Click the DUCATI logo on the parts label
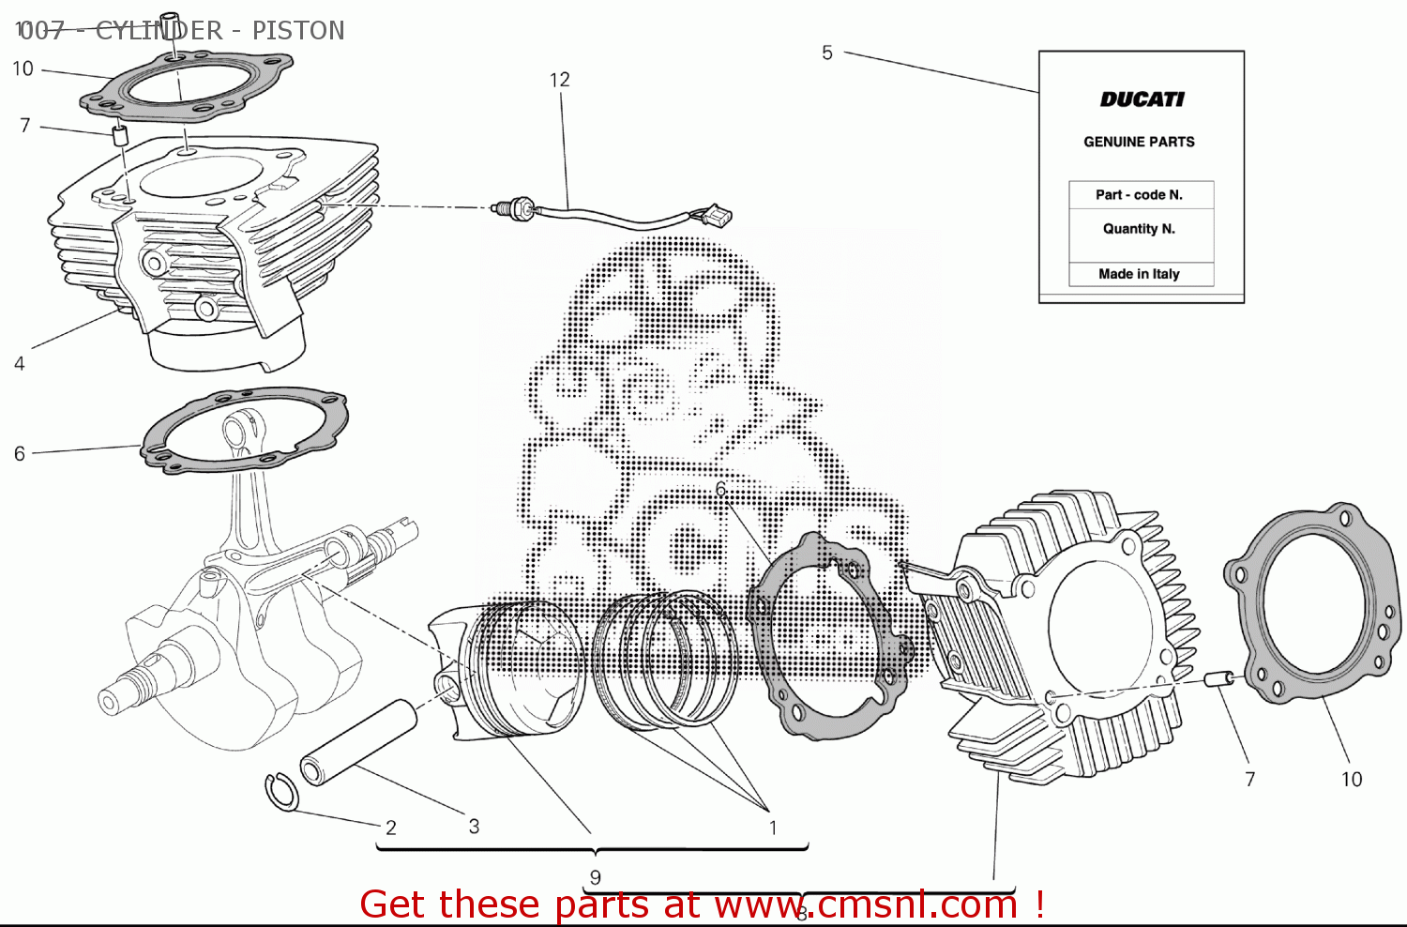coord(1142,99)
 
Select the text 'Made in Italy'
coord(1139,274)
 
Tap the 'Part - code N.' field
coord(1139,195)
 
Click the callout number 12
coord(559,80)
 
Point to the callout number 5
coord(826,53)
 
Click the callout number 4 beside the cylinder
coord(19,363)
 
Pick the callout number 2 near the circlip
coord(391,828)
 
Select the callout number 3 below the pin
coord(474,826)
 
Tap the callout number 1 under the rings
coord(773,828)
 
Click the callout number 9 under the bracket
coord(595,878)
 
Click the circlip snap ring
coord(280,791)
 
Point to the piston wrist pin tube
coord(357,742)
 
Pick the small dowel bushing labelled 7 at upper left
coord(120,134)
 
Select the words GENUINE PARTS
coord(1139,142)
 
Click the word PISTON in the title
coord(297,31)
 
